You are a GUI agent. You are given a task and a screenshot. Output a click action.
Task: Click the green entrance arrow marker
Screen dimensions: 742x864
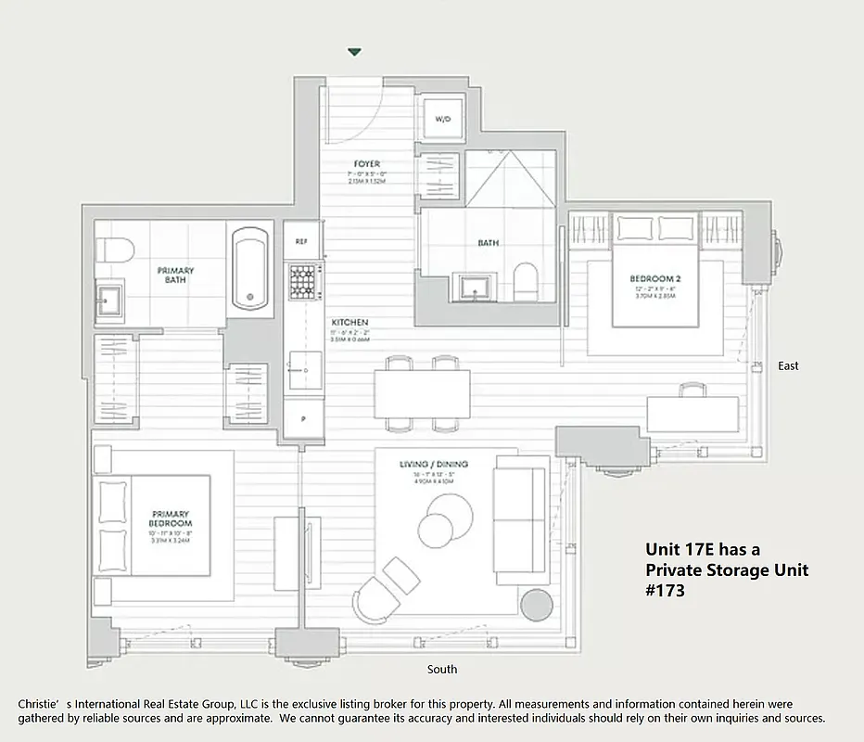(354, 53)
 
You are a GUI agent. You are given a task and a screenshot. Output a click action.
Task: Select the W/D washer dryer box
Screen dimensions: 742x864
(443, 120)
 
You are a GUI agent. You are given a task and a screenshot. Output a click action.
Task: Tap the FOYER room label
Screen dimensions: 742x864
(367, 164)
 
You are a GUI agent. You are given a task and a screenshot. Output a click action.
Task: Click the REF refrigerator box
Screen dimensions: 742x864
(301, 241)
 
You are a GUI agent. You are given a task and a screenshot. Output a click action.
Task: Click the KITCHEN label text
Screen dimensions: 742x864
(349, 322)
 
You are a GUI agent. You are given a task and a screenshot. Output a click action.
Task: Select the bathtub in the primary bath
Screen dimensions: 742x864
(249, 269)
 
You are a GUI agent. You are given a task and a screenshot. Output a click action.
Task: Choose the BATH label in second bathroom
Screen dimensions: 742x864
(489, 243)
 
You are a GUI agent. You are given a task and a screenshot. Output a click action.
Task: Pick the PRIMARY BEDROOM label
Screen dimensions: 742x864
(170, 519)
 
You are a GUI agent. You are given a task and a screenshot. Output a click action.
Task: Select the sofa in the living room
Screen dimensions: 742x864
(519, 515)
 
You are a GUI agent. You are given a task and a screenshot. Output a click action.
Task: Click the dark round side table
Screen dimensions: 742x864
(536, 605)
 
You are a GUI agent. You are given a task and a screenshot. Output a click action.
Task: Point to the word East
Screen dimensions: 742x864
(788, 366)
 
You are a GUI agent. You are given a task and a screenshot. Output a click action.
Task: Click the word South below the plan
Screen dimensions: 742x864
(441, 669)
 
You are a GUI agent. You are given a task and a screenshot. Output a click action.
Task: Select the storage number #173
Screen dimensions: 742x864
(666, 590)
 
